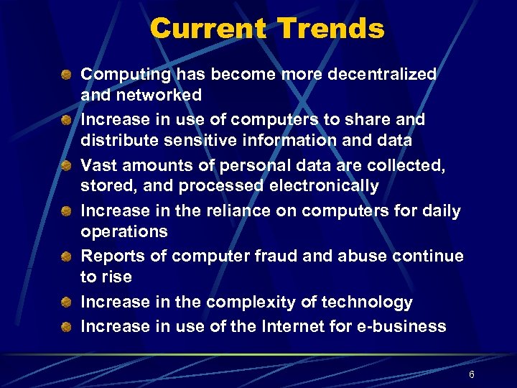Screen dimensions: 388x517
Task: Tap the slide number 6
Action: coord(472,375)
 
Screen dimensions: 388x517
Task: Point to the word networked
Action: coord(157,95)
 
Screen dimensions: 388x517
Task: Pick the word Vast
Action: coord(98,165)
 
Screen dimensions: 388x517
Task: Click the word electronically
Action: coord(324,186)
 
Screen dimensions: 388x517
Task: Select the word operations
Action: coord(124,232)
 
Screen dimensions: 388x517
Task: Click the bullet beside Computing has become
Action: coord(65,74)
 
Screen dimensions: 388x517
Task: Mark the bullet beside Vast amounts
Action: coord(65,165)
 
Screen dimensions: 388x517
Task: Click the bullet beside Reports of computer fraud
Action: coord(65,257)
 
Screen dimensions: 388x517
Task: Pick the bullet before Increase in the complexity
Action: coord(65,302)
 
